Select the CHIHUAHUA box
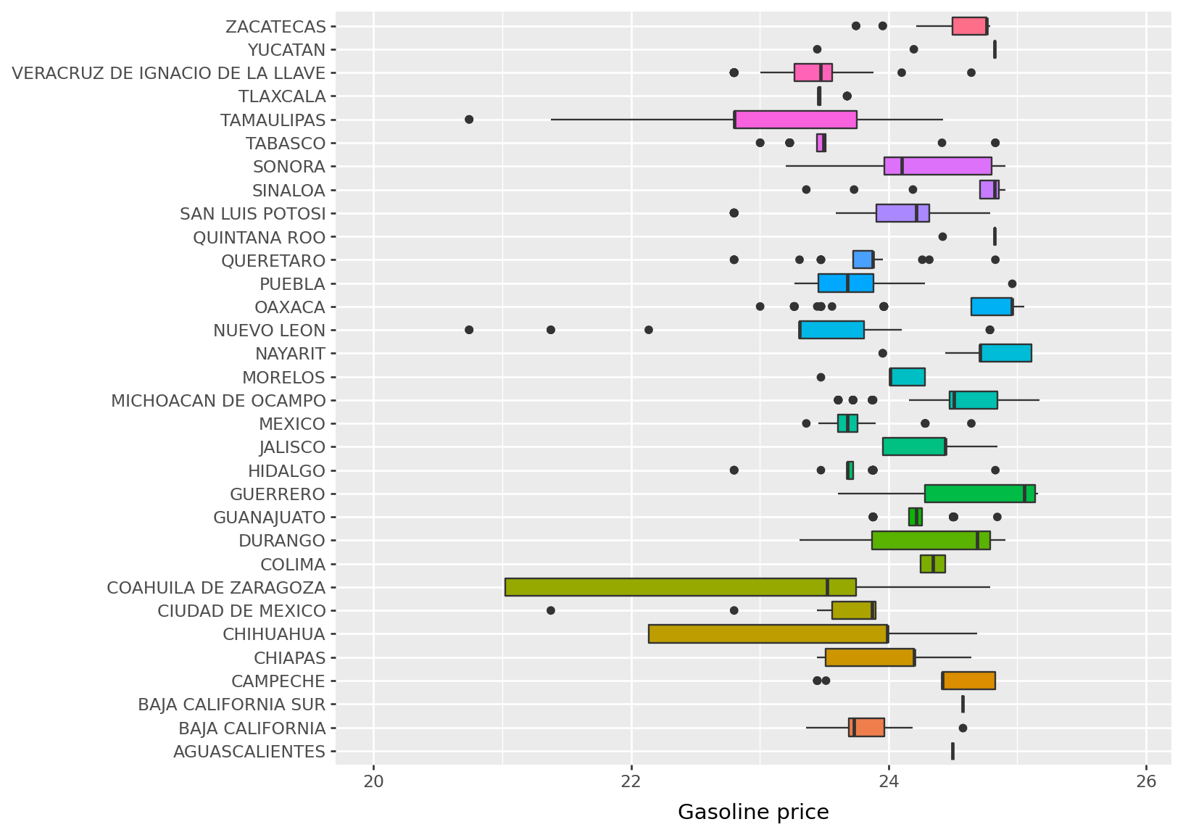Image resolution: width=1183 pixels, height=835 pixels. (x=768, y=633)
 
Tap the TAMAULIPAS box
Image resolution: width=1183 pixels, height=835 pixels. (x=795, y=120)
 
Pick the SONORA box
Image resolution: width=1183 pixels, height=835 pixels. (x=937, y=166)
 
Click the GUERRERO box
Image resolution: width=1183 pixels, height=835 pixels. (x=979, y=494)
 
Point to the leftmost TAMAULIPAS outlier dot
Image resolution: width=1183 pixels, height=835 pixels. (x=469, y=119)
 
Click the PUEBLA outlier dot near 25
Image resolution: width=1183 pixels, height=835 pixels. (x=1012, y=283)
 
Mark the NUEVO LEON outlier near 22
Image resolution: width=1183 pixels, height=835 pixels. (x=649, y=330)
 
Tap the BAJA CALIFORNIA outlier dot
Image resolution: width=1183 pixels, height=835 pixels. (x=963, y=728)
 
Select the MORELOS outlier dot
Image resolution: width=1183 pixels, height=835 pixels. (x=821, y=377)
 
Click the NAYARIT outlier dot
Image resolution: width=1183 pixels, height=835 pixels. (x=882, y=354)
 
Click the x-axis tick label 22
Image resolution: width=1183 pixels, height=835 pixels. (x=631, y=781)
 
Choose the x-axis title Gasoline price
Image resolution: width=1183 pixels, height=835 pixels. (x=753, y=813)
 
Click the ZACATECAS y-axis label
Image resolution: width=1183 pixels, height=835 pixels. (x=275, y=27)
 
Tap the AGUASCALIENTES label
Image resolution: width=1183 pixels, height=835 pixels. (x=249, y=752)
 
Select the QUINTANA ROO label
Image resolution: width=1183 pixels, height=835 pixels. (x=259, y=237)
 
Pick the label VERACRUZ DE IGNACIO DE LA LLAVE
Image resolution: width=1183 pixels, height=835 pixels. (x=169, y=73)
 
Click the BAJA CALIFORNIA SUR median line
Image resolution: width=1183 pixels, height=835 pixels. (x=963, y=704)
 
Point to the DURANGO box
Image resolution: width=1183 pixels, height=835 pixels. (x=931, y=541)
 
